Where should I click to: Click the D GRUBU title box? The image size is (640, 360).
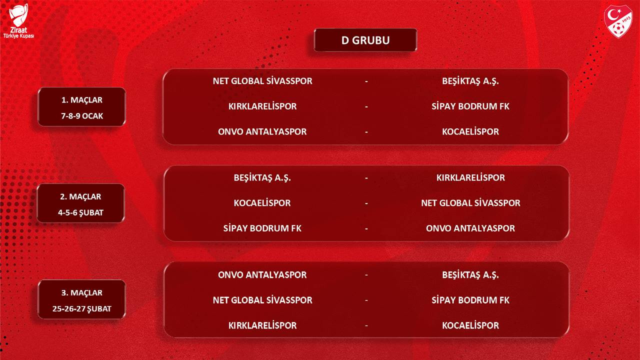pos(365,40)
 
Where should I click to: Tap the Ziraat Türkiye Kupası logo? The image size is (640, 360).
pos(18,21)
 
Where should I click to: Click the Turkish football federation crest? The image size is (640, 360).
pos(618,21)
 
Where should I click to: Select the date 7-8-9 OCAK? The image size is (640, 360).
pos(82,116)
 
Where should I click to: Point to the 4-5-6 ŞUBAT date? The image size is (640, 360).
pos(80,212)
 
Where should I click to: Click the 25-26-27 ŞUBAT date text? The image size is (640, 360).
pos(81,309)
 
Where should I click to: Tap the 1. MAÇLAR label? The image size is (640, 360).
pos(81,100)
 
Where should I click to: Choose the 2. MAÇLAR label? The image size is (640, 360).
pos(80,196)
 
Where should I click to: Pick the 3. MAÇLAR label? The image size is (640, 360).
pos(81,293)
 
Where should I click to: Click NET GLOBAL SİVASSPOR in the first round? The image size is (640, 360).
pos(262,81)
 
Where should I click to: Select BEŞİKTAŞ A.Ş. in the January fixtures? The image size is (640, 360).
pos(470,81)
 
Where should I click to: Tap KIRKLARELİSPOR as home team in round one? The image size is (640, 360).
pos(262,106)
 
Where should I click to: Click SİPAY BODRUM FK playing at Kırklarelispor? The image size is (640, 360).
pos(470,106)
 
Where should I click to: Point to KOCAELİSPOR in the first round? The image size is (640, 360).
pos(470,131)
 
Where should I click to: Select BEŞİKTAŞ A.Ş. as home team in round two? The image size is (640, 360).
pos(262,177)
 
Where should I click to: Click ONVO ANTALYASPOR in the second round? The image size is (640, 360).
pos(470,228)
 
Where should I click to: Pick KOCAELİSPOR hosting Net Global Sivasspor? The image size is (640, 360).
pos(262,203)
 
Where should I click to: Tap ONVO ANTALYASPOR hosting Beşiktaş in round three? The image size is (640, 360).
pos(262,275)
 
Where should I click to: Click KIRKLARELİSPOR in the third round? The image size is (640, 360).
pos(262,325)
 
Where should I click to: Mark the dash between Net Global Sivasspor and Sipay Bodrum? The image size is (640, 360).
pos(366,300)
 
